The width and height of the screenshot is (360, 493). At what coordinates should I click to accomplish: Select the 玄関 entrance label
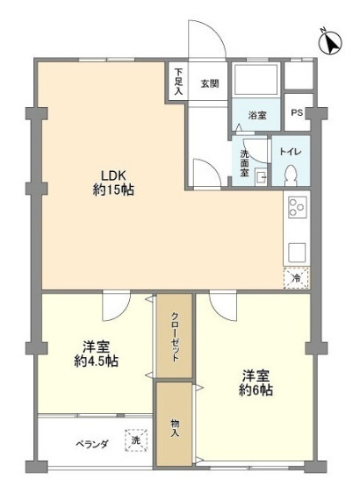pyautogui.click(x=209, y=84)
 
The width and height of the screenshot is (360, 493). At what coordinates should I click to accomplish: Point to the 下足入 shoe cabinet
pyautogui.click(x=178, y=81)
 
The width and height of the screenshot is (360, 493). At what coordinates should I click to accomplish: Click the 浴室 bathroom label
pyautogui.click(x=256, y=114)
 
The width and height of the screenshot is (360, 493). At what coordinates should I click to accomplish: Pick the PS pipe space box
pyautogui.click(x=297, y=112)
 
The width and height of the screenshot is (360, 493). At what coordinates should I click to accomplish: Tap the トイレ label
pyautogui.click(x=290, y=151)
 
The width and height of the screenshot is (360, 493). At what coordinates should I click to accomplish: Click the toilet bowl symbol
pyautogui.click(x=290, y=173)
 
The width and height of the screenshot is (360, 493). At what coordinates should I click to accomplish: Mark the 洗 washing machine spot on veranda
pyautogui.click(x=135, y=439)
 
